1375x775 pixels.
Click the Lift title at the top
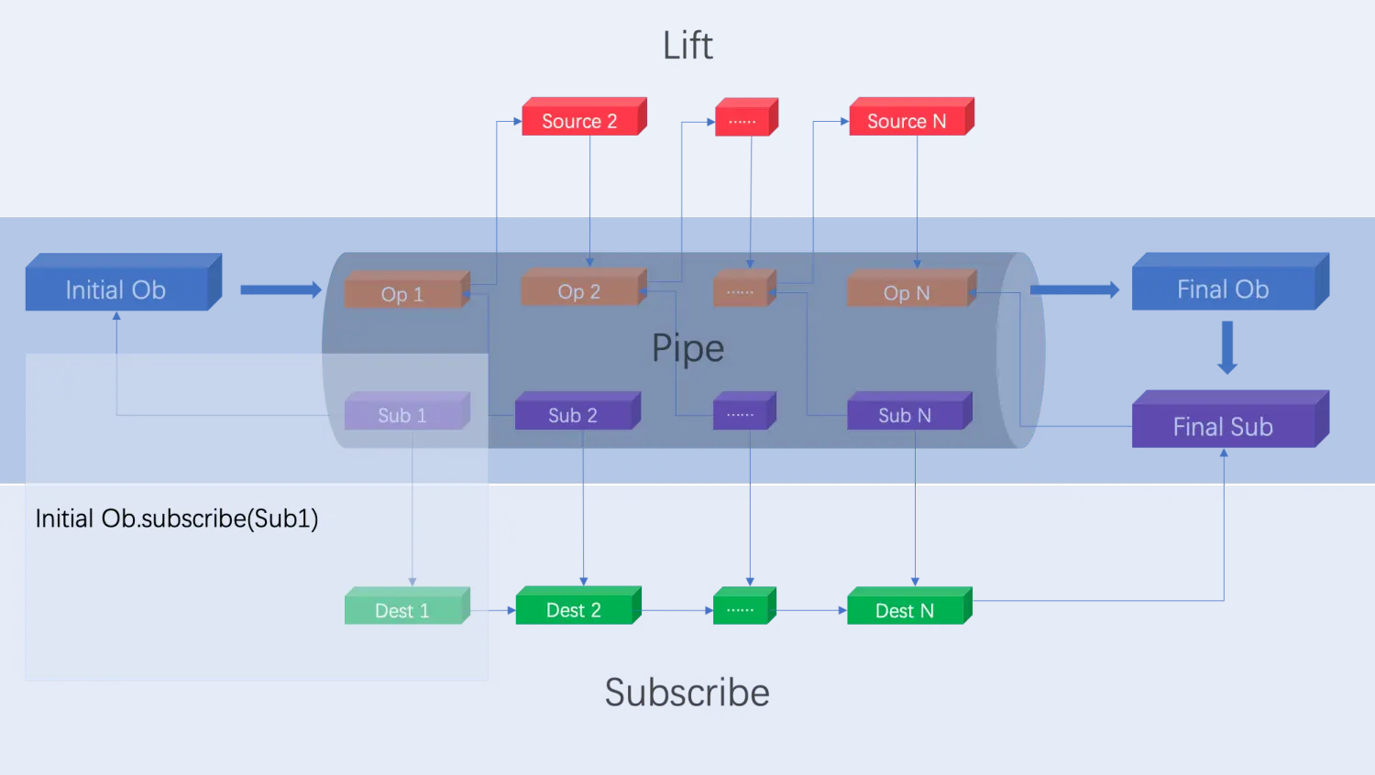point(687,46)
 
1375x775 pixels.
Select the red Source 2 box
point(580,121)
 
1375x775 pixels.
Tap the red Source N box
point(907,121)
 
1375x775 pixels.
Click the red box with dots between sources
point(742,121)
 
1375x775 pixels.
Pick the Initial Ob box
point(116,289)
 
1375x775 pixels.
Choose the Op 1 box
point(402,294)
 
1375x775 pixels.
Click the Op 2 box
point(579,291)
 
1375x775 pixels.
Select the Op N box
point(907,292)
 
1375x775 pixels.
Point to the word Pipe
point(687,348)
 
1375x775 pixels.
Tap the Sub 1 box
point(402,415)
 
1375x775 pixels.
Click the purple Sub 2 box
point(573,415)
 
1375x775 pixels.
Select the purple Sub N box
point(905,415)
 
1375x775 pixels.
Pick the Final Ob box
point(1223,289)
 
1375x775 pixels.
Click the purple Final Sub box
point(1223,427)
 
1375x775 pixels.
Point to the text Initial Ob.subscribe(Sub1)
point(177,518)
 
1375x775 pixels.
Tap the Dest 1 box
point(402,610)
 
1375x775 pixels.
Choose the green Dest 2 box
point(574,610)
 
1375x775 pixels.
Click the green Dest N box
point(905,610)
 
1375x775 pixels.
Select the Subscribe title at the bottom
point(687,693)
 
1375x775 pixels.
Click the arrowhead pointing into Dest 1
point(412,582)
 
